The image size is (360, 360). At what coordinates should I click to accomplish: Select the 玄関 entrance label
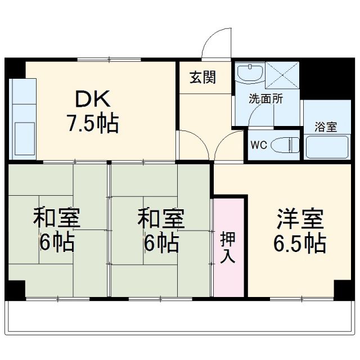[x=202, y=78]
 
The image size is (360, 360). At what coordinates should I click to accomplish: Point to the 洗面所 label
[x=267, y=97]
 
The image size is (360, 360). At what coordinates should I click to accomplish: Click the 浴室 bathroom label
[x=326, y=127]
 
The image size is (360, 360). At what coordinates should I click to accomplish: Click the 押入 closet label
[x=229, y=247]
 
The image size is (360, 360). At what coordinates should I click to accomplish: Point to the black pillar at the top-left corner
[x=15, y=68]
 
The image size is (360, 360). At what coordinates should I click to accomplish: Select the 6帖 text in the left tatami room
[x=56, y=244]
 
